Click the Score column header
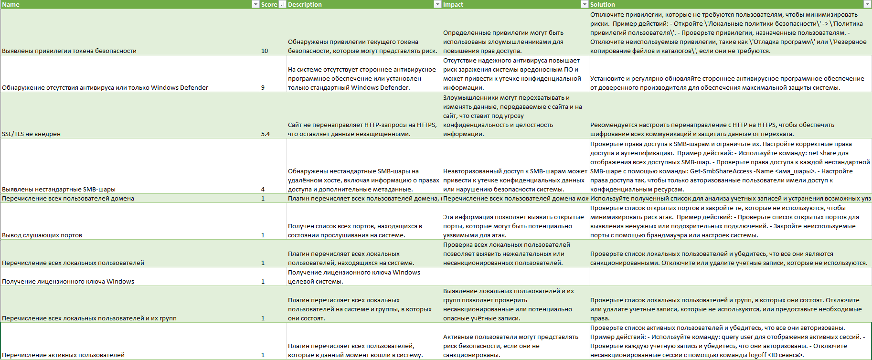pos(269,4)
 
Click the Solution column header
pos(602,4)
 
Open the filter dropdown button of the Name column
pos(255,4)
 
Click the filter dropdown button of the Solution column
pos(867,4)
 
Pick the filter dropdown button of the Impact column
pos(584,4)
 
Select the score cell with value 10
pos(265,51)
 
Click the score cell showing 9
pos(263,87)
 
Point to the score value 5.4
pos(266,134)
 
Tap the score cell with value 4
pos(263,189)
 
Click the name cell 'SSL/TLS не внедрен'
pos(32,134)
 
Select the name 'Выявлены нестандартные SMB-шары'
pos(59,189)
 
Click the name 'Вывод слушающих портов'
pos(42,235)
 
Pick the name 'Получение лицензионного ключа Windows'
pos(68,281)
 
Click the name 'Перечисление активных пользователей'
pos(64,355)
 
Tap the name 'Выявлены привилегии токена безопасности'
pos(69,51)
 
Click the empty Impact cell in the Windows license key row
pos(515,276)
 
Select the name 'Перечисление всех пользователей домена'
pos(68,198)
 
